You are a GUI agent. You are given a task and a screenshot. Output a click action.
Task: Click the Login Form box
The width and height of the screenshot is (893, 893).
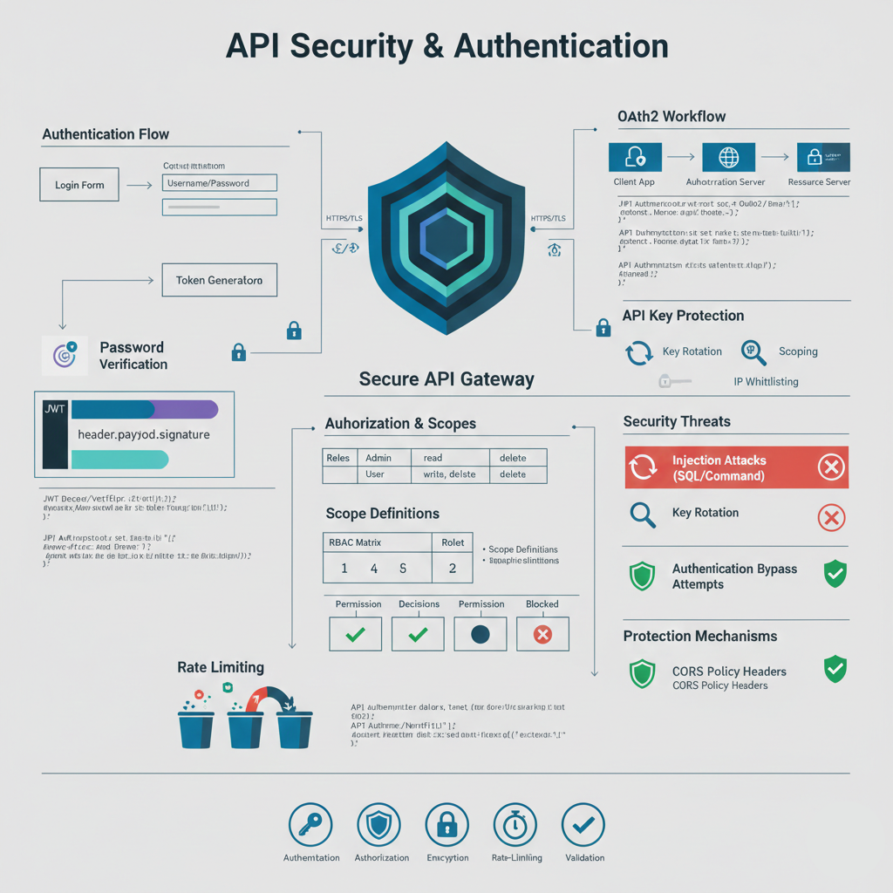(79, 185)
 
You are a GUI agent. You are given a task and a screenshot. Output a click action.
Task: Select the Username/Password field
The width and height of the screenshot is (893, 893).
(219, 183)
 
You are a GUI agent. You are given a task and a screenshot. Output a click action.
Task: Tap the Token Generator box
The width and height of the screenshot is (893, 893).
(219, 281)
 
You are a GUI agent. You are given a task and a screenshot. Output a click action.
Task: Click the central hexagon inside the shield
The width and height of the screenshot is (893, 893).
(446, 237)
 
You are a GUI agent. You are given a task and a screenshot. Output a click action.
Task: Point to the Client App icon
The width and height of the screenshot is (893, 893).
(634, 157)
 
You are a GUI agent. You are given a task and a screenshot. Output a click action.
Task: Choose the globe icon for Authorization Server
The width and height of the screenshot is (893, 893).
(728, 157)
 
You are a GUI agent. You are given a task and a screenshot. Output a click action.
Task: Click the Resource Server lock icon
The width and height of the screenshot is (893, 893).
(823, 157)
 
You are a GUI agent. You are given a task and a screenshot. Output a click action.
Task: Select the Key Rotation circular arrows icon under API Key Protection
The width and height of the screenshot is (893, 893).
(639, 352)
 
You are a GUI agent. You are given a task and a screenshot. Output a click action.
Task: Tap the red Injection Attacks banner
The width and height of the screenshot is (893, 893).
(736, 467)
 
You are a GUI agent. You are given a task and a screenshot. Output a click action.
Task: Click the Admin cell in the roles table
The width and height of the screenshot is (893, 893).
(378, 458)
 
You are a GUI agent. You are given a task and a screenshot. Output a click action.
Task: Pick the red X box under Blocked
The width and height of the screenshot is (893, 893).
(542, 634)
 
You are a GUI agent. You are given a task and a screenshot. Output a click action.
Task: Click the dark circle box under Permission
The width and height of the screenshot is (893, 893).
(481, 634)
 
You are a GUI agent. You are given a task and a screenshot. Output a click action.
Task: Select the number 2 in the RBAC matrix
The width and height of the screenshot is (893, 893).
(453, 568)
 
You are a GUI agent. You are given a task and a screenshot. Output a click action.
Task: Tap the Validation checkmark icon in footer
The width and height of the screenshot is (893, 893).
(584, 824)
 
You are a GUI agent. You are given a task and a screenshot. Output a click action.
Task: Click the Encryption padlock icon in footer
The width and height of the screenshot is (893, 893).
(446, 824)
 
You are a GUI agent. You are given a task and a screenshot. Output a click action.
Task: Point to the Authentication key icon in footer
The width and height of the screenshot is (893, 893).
(310, 824)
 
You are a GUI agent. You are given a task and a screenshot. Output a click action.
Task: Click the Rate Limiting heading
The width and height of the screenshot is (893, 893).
(220, 667)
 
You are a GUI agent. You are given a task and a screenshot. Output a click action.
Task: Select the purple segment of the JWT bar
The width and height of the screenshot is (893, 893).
(187, 410)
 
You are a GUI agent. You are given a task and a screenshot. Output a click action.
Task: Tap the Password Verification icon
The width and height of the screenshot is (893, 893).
(65, 355)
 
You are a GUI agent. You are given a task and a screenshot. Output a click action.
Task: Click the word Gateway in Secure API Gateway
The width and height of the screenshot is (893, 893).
(501, 379)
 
